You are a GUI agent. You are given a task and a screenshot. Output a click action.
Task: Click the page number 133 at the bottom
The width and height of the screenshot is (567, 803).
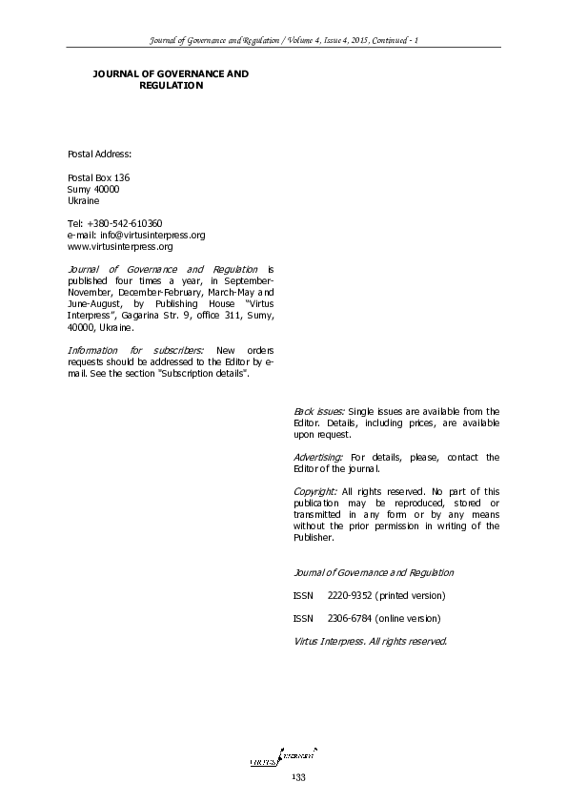click(x=297, y=779)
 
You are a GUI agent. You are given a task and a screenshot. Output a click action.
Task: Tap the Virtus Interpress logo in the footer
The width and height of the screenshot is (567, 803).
click(x=283, y=759)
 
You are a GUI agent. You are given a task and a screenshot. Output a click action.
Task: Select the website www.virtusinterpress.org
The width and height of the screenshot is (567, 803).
click(x=120, y=246)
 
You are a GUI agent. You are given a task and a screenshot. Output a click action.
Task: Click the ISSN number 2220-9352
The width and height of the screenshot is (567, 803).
click(x=350, y=595)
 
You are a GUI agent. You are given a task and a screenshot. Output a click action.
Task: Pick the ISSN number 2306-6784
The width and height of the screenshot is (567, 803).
click(x=350, y=618)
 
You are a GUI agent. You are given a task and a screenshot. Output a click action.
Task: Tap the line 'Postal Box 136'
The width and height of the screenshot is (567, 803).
click(x=98, y=178)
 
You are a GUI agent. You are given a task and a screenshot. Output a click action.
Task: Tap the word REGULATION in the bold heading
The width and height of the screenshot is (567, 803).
click(x=171, y=85)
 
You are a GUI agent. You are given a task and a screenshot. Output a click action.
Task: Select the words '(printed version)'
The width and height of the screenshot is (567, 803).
click(x=410, y=595)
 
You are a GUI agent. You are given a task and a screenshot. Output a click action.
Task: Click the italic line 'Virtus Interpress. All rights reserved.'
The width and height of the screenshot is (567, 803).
click(x=371, y=641)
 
